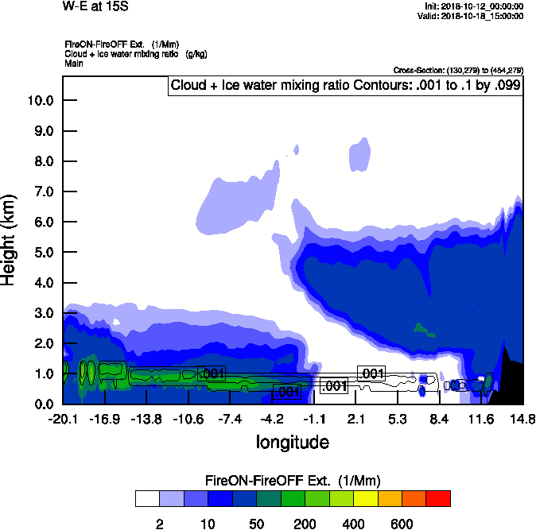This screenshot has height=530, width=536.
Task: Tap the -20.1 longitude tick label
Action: (x=63, y=419)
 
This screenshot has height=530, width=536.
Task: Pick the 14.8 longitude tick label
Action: (x=522, y=419)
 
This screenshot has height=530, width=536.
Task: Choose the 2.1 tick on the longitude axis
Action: (x=355, y=419)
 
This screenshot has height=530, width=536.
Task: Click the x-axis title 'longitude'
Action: (x=292, y=441)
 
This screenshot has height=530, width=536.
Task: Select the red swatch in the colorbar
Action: (x=438, y=498)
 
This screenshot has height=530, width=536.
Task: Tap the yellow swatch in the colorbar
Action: (x=365, y=498)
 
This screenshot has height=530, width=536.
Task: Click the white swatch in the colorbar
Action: (x=147, y=498)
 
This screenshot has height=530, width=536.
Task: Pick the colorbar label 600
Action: (x=402, y=524)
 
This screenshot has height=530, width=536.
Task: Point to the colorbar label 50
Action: (x=256, y=524)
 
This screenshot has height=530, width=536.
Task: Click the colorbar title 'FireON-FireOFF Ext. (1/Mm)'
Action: (x=293, y=481)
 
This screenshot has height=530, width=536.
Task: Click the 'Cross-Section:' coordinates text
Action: (x=458, y=71)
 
